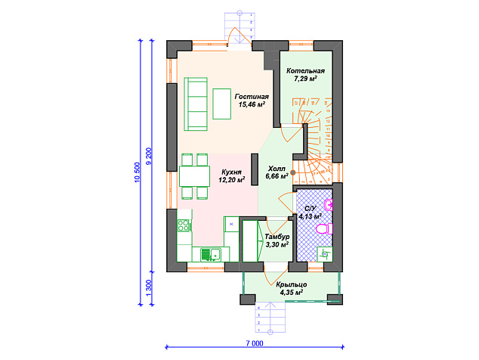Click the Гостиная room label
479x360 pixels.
pyautogui.click(x=252, y=97)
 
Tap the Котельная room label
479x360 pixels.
pyautogui.click(x=305, y=71)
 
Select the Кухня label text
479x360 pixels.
pyautogui.click(x=231, y=172)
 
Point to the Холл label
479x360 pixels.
pyautogui.click(x=277, y=169)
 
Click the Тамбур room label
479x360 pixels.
pyautogui.click(x=277, y=237)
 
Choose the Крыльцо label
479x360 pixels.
pyautogui.click(x=292, y=285)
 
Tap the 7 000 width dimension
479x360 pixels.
pyautogui.click(x=255, y=343)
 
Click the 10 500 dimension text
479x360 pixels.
pyautogui.click(x=138, y=172)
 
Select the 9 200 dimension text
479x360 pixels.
pyautogui.click(x=149, y=157)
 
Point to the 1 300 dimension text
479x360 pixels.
pyautogui.click(x=149, y=288)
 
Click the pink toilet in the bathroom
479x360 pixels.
pyautogui.click(x=324, y=229)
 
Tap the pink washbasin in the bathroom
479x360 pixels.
pyautogui.click(x=329, y=205)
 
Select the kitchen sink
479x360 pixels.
pyautogui.click(x=211, y=254)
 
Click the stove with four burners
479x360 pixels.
pyautogui.click(x=184, y=225)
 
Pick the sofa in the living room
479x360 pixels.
pyautogui.click(x=196, y=104)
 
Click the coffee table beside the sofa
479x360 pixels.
pyautogui.click(x=222, y=104)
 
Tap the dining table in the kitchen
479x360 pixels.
pyautogui.click(x=194, y=176)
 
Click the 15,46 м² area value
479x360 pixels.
pyautogui.click(x=252, y=104)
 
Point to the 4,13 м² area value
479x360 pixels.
pyautogui.click(x=310, y=216)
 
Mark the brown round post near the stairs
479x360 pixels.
pyautogui.click(x=293, y=172)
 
